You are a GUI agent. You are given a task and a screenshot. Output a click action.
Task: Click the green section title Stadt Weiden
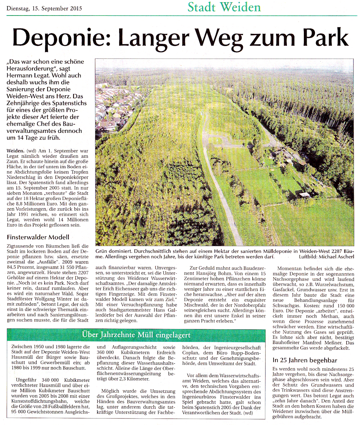pyautogui.click(x=224, y=7)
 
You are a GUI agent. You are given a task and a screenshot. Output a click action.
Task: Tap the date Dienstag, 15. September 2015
pyautogui.click(x=44, y=8)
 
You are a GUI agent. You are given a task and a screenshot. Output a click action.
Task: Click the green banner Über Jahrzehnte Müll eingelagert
pyautogui.click(x=136, y=335)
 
